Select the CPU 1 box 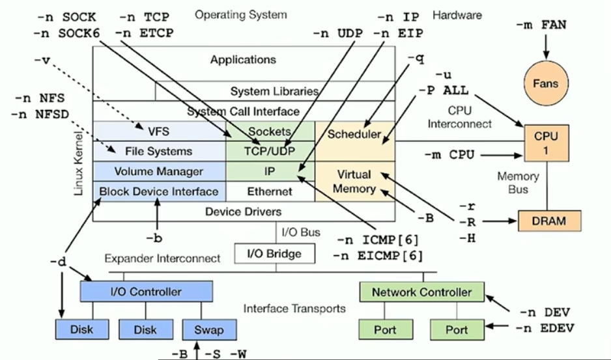point(547,143)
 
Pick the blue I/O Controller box point(146,292)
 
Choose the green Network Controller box point(421,292)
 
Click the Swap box point(208,329)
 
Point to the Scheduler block point(354,135)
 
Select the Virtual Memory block point(354,182)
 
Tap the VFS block point(159,131)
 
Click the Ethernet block point(270,191)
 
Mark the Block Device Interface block point(159,191)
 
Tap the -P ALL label point(444,90)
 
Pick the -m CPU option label point(453,155)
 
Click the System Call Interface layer point(244,111)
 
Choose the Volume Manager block point(159,171)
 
